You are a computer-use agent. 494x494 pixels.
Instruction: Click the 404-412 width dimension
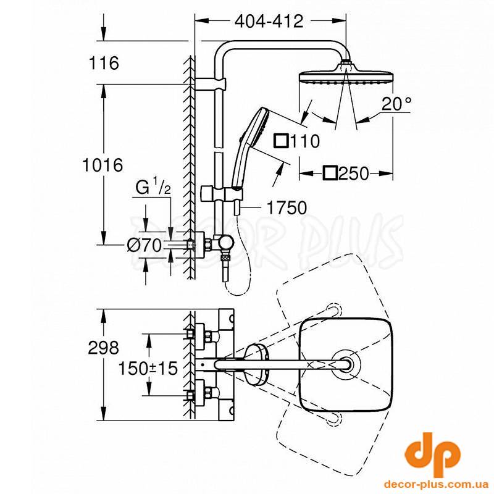269,22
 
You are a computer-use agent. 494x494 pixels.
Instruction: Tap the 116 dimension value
104,63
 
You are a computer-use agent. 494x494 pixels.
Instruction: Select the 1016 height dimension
103,165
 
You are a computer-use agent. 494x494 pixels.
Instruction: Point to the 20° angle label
396,104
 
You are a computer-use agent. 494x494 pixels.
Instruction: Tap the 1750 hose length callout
287,207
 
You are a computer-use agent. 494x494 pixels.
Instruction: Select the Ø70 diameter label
144,245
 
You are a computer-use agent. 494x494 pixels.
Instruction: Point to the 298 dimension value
103,348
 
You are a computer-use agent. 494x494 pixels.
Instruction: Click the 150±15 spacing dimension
148,368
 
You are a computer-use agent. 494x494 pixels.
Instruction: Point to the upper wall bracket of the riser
210,84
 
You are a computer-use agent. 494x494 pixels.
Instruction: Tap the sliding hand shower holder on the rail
222,193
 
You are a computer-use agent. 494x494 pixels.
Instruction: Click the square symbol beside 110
281,141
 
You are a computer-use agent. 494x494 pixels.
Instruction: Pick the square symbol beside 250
330,174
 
